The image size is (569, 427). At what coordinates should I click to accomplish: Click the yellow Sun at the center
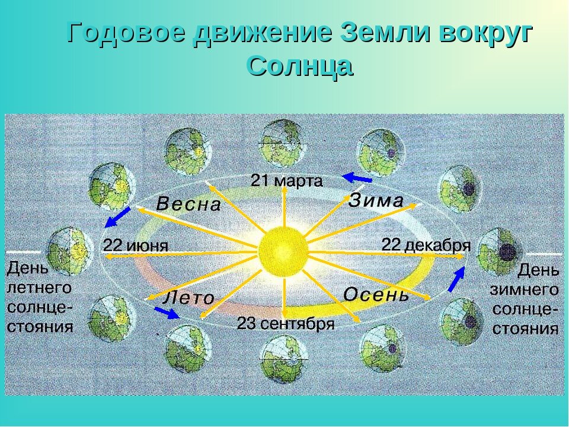point(283,250)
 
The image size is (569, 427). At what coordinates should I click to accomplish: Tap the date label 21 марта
point(287,180)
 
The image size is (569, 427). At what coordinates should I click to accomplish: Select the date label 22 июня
point(136,246)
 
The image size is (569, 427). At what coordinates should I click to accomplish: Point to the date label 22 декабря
point(426,245)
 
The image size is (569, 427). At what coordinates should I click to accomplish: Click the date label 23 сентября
point(286,324)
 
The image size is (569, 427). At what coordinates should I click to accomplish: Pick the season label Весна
point(188,205)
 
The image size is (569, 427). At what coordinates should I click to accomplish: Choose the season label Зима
point(376,200)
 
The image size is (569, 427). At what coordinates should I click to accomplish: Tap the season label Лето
point(188,298)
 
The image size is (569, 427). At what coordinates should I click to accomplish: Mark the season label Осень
point(376,295)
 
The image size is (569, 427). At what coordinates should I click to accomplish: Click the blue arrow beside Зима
point(357,178)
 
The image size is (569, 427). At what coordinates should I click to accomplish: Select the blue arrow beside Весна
point(117,217)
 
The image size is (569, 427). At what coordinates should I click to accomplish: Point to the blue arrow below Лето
point(167,313)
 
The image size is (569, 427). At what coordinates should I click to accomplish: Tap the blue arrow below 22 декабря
point(457,279)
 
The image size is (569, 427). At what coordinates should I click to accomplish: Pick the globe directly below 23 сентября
point(283,359)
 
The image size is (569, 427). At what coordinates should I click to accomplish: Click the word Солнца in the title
point(300,66)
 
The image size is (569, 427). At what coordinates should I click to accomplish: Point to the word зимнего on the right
point(525,289)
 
